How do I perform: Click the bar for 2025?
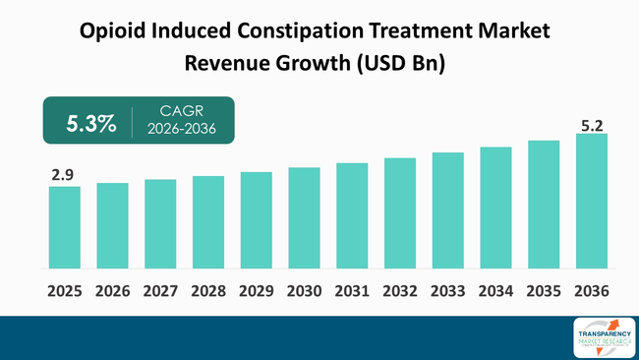[64, 227]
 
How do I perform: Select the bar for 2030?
[304, 217]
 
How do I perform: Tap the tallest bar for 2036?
[591, 201]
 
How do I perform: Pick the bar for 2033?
[447, 210]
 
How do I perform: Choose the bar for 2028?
[207, 222]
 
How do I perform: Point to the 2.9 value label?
[64, 175]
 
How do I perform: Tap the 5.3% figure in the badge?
[90, 123]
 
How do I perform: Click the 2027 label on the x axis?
[160, 292]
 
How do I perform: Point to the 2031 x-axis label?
[352, 292]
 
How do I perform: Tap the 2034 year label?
[495, 292]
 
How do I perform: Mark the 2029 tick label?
[256, 292]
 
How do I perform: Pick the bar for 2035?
[544, 205]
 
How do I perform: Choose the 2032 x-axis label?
[400, 292]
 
